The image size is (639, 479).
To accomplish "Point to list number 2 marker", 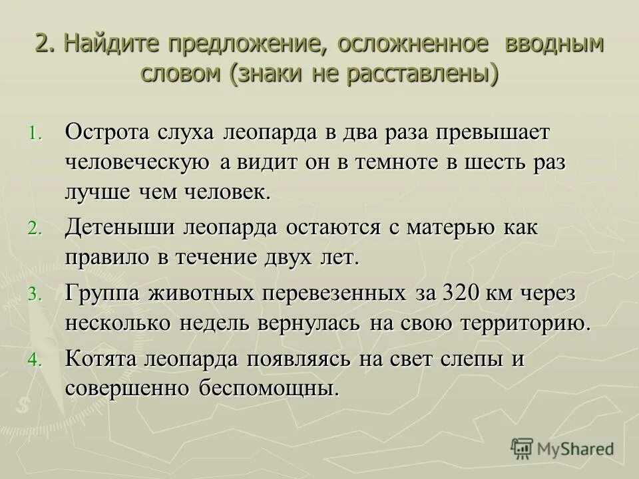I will point(35,229).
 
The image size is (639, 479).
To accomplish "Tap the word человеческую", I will point(138,162).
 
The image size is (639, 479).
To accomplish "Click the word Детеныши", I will point(120,227).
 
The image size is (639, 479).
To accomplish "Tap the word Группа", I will point(103,293).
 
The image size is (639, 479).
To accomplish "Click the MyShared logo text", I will point(576,448).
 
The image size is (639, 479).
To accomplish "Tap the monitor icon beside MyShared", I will point(523,450).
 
